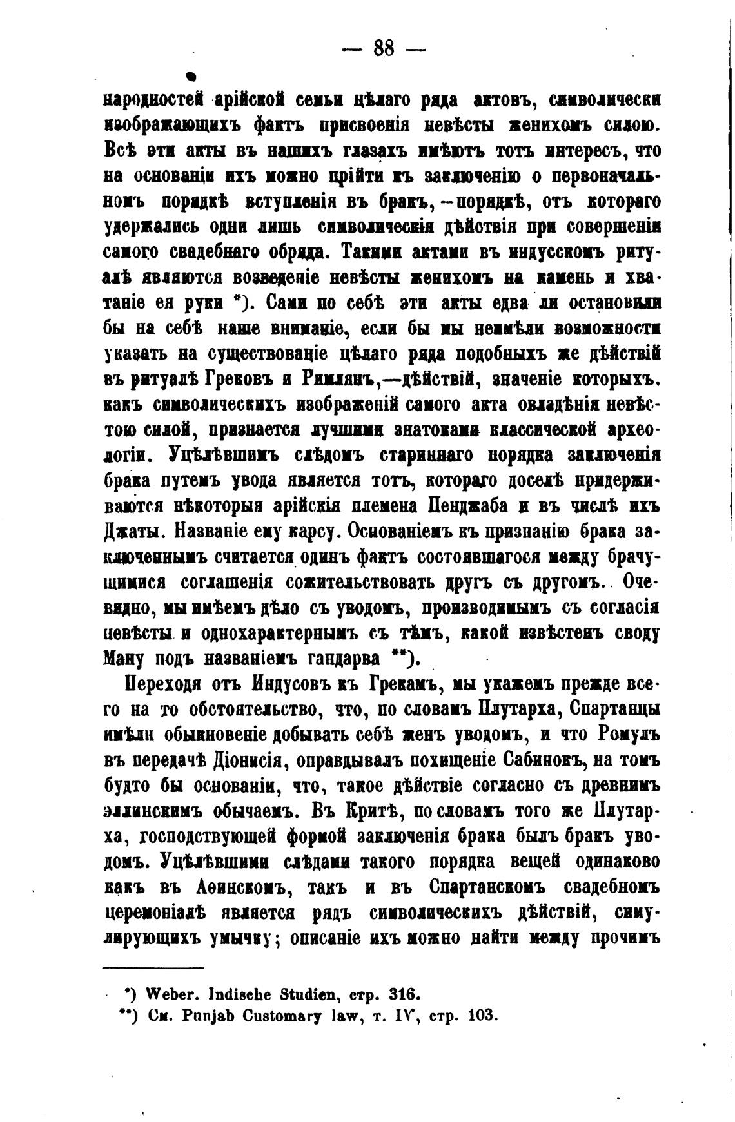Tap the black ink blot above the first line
click(191, 77)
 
